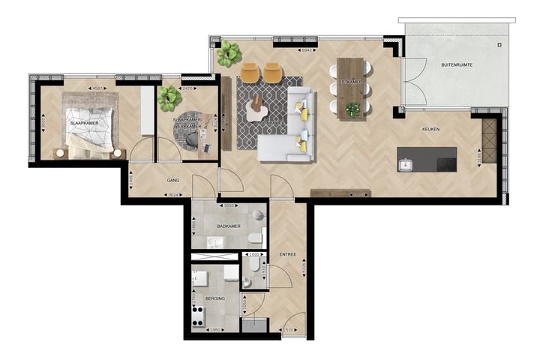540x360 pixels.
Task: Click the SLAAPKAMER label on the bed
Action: coord(79,121)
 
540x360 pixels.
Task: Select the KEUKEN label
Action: coord(430,129)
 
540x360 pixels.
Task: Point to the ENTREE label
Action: coord(288,254)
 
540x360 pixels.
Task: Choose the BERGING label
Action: coord(215,297)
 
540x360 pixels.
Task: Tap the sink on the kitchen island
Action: coord(406,164)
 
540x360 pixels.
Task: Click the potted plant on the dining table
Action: coord(352,109)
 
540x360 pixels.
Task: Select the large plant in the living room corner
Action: coord(229,53)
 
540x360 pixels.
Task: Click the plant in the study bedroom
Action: coord(169,97)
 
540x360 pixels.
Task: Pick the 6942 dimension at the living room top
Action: coord(306,50)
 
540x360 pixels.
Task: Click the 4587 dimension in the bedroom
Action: coord(97,88)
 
